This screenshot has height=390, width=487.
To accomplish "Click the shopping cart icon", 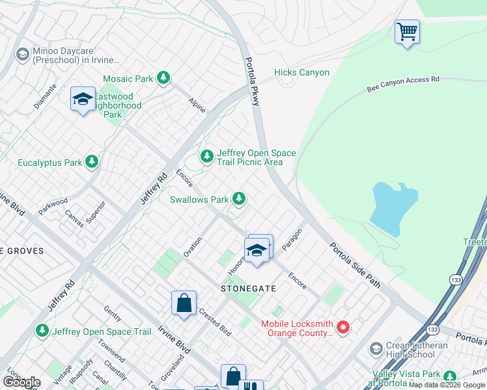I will coord(407,31).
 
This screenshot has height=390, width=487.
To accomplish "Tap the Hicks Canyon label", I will coord(301,73).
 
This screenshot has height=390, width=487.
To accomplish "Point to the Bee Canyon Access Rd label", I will coord(403,83).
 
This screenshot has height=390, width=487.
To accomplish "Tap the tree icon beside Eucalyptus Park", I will coord(92,162).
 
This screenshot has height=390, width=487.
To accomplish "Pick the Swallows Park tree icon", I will coord(239,199).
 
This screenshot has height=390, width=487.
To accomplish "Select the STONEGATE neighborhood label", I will coord(249,288).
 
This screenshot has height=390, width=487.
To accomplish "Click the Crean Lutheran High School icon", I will coord(376,349).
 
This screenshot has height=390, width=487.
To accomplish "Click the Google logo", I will coord(21,382).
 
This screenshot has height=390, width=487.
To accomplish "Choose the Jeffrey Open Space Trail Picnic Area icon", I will coord(207,156).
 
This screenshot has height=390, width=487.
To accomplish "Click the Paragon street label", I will coord(293,240).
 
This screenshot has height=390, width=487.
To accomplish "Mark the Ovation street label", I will coord(192,246).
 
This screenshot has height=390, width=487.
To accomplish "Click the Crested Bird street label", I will coord(215,322).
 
